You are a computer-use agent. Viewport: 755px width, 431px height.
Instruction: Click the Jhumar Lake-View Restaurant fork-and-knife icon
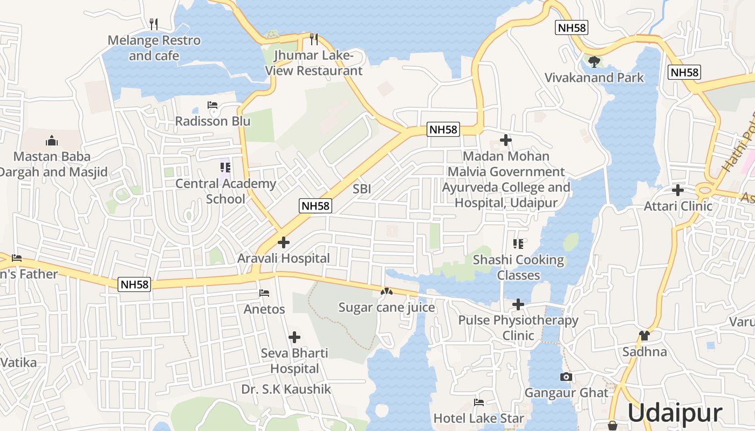[314, 39]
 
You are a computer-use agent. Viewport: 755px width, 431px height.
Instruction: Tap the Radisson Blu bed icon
[212, 105]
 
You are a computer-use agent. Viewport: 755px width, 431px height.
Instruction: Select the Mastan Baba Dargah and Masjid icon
[52, 141]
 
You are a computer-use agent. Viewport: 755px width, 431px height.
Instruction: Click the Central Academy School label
[225, 191]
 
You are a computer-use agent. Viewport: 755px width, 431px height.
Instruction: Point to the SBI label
[361, 189]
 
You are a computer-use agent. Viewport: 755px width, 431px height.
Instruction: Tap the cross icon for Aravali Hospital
[283, 242]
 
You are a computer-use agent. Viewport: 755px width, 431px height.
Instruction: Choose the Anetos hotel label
[264, 309]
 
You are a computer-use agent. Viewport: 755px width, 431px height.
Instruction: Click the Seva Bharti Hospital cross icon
[294, 337]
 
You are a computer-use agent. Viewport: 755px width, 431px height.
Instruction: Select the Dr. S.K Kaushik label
[286, 389]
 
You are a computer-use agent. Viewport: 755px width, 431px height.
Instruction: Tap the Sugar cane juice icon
[386, 291]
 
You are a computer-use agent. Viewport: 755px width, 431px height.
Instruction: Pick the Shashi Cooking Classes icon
[518, 244]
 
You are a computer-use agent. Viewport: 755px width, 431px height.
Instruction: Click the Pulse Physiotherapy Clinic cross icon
[518, 304]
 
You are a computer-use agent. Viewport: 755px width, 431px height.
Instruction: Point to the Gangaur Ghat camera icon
[566, 377]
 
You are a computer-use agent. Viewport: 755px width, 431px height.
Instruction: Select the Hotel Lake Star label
[479, 418]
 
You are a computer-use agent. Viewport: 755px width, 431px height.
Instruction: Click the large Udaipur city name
[674, 413]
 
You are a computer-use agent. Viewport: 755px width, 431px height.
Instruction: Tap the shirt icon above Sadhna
[644, 336]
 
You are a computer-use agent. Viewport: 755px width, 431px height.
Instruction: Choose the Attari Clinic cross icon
[678, 190]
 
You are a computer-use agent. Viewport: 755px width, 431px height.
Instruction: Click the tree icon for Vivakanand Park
[594, 61]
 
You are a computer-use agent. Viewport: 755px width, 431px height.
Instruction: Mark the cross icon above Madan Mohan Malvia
[505, 140]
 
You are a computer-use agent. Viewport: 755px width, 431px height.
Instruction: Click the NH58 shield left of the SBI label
[316, 205]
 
